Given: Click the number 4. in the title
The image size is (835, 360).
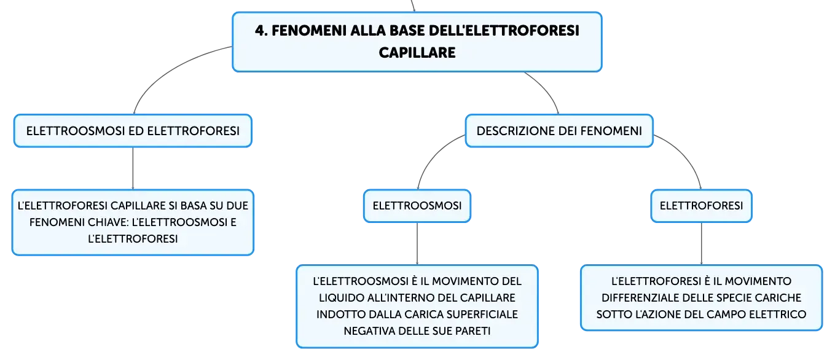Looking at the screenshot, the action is pyautogui.click(x=261, y=31).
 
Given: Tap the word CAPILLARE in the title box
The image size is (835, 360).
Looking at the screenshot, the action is pyautogui.click(x=417, y=53).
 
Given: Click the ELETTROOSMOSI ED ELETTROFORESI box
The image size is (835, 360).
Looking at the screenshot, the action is pyautogui.click(x=133, y=131).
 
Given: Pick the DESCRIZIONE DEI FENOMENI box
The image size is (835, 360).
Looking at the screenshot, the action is pyautogui.click(x=559, y=131).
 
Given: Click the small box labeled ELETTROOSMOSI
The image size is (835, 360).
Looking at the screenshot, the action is pyautogui.click(x=417, y=206).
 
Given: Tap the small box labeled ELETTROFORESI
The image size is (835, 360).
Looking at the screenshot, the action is pyautogui.click(x=701, y=206).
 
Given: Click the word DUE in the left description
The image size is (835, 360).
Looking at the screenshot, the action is pyautogui.click(x=237, y=206).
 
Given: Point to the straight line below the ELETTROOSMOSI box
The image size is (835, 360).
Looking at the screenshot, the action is pyautogui.click(x=417, y=244).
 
